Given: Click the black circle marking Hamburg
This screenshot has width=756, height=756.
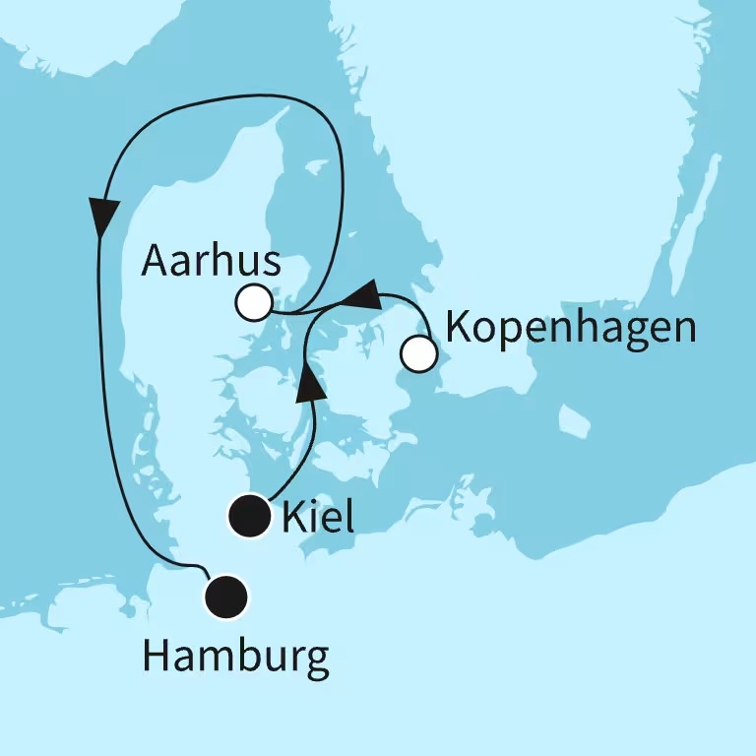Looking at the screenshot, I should point(227,597).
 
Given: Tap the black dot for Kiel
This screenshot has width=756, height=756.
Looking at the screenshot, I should point(250,516).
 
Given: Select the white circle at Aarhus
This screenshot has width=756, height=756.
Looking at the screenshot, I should point(254,302).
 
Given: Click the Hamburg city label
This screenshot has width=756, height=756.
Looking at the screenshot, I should point(235,658).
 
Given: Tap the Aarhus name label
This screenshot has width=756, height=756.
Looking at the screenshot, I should point(211,262).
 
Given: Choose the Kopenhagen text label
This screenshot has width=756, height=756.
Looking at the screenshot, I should point(571,328).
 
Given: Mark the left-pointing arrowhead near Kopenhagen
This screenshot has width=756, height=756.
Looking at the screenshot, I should point(362,293).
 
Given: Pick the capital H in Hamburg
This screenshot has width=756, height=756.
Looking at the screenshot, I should point(157,657).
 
